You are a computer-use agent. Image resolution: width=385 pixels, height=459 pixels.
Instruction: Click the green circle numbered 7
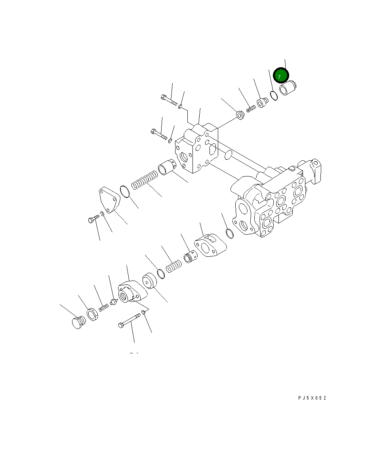281,75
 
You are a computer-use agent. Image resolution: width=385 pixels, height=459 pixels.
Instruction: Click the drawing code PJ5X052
312,398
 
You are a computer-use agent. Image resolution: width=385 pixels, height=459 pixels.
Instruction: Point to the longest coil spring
145,180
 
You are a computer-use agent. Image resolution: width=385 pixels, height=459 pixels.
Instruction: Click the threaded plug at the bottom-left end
78,322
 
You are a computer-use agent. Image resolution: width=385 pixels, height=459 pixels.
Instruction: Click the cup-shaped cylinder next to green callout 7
288,88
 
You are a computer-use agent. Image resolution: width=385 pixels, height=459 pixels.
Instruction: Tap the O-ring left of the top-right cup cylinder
273,95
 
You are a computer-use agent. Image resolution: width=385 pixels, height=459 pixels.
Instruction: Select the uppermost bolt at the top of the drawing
168,99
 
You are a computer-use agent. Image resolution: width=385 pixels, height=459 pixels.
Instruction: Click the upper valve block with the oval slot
197,148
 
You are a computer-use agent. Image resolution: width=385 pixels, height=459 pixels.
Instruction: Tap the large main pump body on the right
277,202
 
